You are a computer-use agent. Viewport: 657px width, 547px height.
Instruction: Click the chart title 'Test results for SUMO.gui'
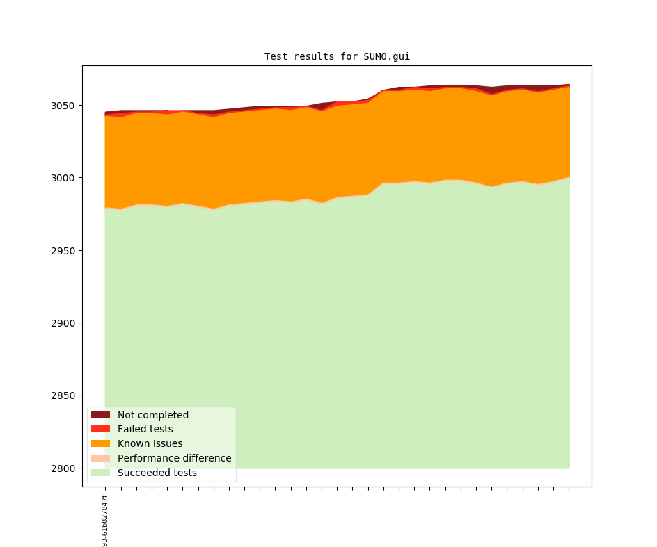(337, 56)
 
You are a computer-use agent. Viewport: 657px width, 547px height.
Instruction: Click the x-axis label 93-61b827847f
(105, 521)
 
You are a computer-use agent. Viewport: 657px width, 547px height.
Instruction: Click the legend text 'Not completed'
(153, 415)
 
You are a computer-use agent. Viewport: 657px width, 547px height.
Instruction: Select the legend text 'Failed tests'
(145, 430)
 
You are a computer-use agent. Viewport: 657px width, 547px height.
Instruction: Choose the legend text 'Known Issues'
(150, 444)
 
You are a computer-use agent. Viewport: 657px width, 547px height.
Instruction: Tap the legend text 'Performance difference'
(174, 459)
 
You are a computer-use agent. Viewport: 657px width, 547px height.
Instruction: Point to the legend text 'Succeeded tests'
(157, 473)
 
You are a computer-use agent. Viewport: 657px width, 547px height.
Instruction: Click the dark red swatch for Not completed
(101, 415)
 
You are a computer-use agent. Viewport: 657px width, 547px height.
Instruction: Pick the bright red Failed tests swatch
(101, 430)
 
